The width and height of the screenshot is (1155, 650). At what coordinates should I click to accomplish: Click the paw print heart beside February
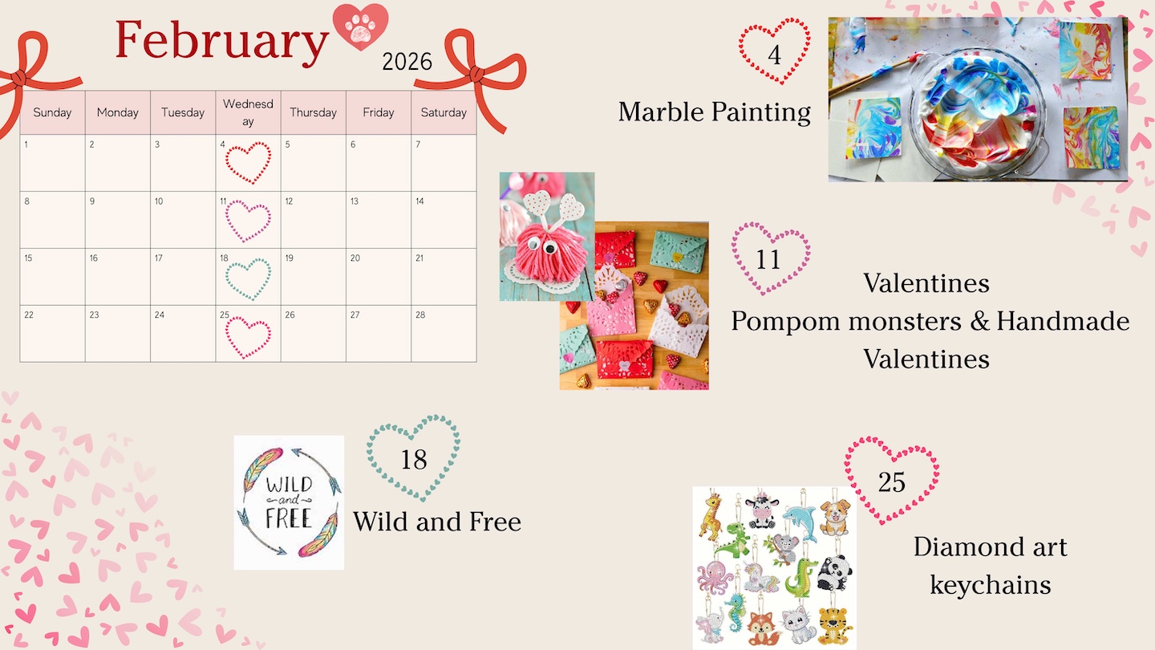click(360, 26)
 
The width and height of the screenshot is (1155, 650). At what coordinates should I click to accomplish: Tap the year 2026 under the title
click(407, 62)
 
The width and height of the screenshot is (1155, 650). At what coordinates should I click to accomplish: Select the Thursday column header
click(313, 112)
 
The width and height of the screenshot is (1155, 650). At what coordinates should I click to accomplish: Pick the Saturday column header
click(444, 112)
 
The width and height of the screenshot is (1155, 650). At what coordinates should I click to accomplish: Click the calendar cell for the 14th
click(444, 220)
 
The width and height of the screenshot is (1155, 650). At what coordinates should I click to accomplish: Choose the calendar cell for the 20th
click(379, 277)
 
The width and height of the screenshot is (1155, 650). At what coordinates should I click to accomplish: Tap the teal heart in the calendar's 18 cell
click(248, 279)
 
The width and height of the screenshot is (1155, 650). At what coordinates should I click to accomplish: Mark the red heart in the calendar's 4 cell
click(248, 163)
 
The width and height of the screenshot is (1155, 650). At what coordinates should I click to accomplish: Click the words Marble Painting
click(714, 112)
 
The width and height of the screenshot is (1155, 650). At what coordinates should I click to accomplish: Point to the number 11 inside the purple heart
click(768, 259)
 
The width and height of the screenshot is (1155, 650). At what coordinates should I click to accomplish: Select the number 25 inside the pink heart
click(892, 482)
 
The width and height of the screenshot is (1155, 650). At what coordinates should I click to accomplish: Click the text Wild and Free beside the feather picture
click(436, 522)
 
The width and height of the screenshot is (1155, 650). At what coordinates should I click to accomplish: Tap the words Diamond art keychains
click(990, 566)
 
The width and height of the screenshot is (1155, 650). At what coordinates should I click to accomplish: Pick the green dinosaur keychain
click(734, 539)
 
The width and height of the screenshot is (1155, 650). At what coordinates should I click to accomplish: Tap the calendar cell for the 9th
click(118, 220)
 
